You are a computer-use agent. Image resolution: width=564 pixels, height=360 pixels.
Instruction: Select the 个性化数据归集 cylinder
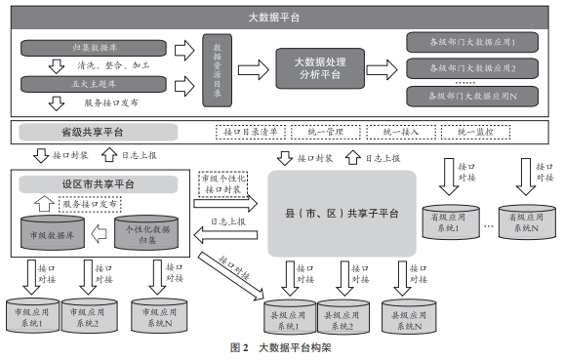pos(147,232)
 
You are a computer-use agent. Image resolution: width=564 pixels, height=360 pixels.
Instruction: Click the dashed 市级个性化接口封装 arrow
pos(227,184)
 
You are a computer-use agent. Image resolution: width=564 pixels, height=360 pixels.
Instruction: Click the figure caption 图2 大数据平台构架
pos(281,348)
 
